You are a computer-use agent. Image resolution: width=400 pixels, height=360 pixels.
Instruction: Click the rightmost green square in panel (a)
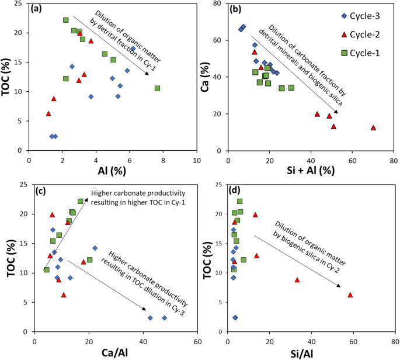[x=157, y=88]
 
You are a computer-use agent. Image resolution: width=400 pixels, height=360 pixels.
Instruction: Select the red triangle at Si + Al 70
[x=373, y=127]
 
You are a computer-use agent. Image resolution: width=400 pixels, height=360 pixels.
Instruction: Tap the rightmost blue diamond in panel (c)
[x=164, y=318]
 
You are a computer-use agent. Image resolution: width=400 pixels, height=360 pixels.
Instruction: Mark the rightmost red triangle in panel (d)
[x=350, y=295]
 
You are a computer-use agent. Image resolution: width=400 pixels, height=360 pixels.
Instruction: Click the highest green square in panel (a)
[x=66, y=20]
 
